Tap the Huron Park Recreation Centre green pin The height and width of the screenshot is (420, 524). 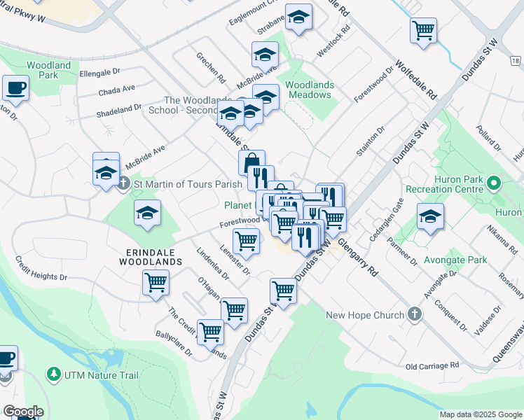pos(493,184)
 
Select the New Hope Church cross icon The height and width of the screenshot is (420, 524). pos(414,314)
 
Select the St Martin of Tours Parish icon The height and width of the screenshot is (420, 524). pos(124,184)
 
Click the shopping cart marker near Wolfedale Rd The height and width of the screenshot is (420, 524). pos(423,31)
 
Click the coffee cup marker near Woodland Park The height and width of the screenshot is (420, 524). pos(15,89)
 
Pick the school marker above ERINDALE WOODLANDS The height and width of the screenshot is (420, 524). pos(147,214)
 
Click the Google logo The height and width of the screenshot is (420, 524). pos(23,412)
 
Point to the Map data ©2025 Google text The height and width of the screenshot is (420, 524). pos(480,414)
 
